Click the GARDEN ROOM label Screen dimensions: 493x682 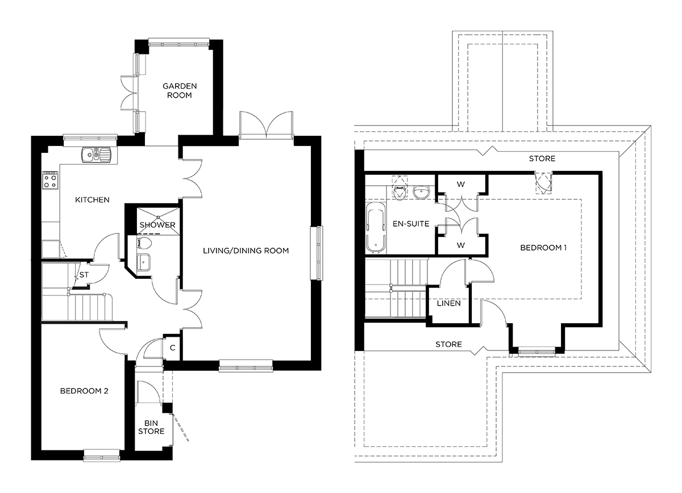tap(180, 90)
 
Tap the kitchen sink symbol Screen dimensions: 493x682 tap(97, 154)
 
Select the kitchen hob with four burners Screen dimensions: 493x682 tap(49, 181)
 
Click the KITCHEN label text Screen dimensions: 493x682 tap(93, 200)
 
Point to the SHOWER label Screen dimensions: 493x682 tap(157, 225)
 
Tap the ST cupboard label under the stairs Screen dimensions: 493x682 tap(84, 275)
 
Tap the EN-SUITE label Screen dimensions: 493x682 tap(411, 224)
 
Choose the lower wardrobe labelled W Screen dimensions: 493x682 tap(461, 245)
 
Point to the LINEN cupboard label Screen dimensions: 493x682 tap(448, 303)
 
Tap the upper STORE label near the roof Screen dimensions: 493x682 tap(542, 158)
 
